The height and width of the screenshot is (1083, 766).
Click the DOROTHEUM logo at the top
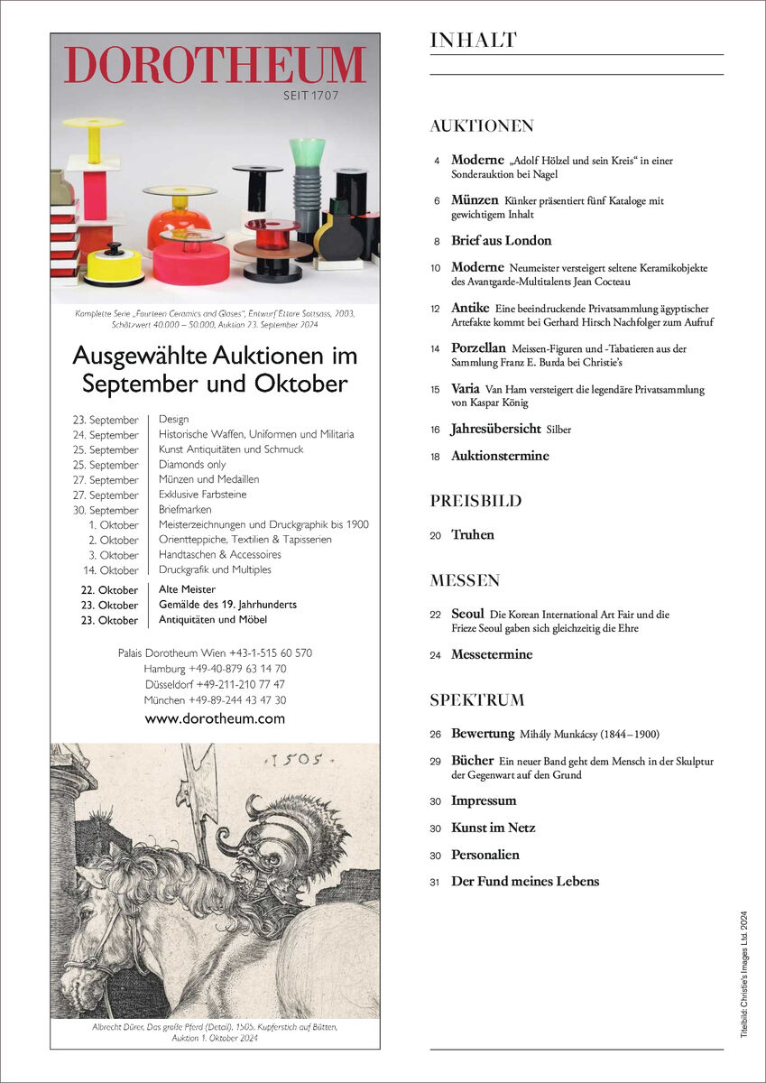pos(215,65)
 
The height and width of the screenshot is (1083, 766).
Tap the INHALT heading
pos(473,41)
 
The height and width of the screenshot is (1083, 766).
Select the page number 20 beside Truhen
pos(436,535)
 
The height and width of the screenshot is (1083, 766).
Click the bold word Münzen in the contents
pos(475,199)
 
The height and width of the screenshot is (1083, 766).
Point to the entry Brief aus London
pos(501,241)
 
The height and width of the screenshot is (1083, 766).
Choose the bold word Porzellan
pos(478,347)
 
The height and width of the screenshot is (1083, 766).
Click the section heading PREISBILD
pos(475,501)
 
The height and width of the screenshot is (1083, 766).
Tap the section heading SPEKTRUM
pos(477,700)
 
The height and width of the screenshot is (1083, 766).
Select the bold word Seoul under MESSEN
pos(467,614)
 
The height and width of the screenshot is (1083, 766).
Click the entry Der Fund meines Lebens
pos(525,881)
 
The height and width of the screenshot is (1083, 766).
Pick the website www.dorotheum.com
pos(215,718)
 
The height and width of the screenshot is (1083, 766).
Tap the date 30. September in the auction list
pos(107,510)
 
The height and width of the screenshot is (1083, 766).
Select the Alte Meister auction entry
pos(187,589)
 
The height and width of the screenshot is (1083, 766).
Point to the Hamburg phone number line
pos(215,669)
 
